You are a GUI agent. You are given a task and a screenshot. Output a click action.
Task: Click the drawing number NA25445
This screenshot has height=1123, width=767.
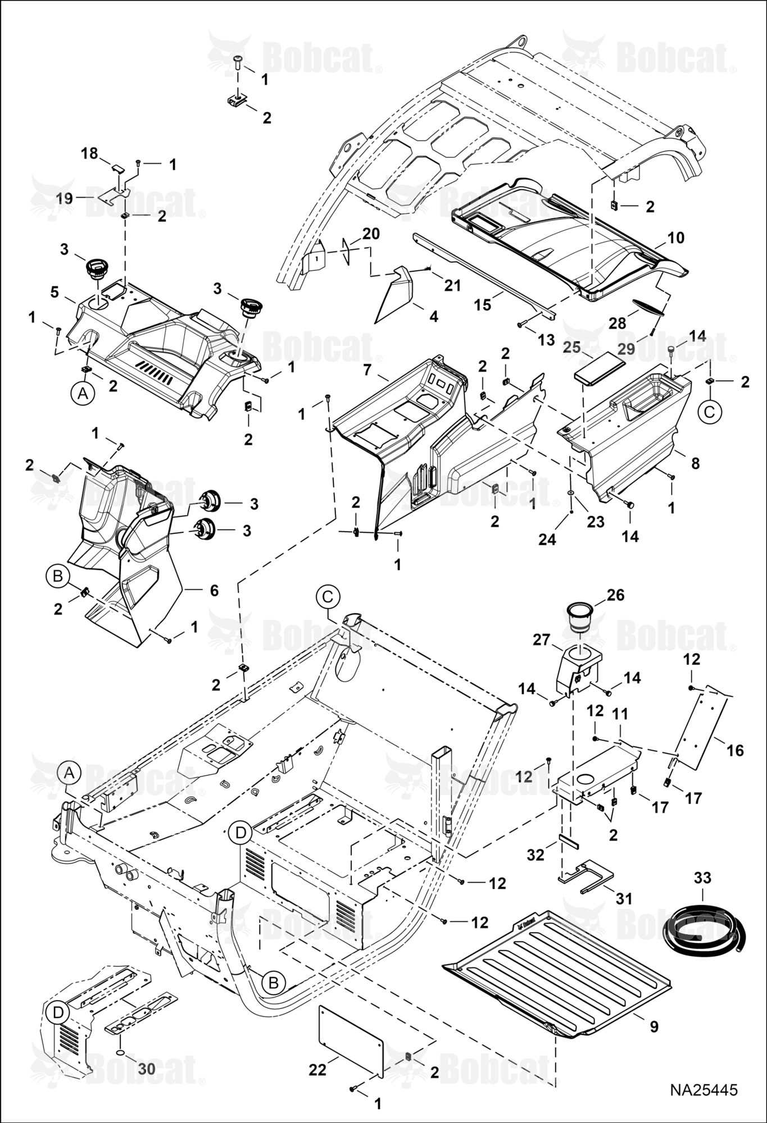pos(704,1090)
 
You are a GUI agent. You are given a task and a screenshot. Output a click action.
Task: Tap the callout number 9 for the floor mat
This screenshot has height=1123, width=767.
pos(653,1026)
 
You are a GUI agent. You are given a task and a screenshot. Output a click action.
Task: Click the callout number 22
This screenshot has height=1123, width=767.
pos(317,1070)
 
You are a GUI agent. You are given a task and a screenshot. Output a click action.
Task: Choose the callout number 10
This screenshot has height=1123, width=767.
pos(675,238)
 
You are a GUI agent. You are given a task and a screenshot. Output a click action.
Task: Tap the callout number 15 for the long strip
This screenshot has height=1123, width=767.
pos(483,304)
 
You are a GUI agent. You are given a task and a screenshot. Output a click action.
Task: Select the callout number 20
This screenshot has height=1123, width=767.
pos(371,234)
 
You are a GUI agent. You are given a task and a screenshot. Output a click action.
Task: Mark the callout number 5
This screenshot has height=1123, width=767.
pos(54,292)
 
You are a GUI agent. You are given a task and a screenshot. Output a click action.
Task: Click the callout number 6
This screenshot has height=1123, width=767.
pos(214,590)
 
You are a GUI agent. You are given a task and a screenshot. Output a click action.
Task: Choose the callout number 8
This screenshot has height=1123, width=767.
pos(695,464)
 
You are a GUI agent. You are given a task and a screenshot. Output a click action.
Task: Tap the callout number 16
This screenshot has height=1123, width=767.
pos(735,750)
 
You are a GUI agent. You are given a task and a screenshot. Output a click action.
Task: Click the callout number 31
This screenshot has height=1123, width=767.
pos(624,898)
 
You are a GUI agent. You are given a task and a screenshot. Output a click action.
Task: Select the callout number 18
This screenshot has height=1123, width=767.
pos(89,153)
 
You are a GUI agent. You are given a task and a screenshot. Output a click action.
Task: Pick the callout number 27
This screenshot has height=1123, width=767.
pos(541,640)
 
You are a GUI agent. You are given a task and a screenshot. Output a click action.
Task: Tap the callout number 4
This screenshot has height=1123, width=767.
pos(433,316)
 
